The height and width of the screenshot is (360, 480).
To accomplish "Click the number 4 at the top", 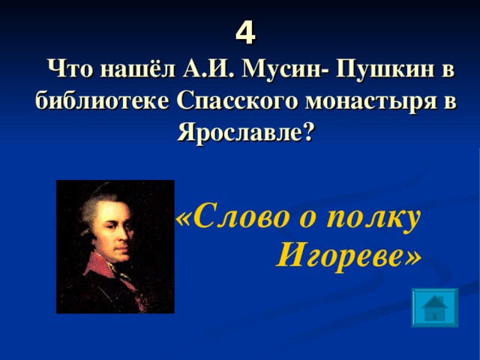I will point(244,32).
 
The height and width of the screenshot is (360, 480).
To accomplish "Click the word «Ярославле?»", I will point(246,133).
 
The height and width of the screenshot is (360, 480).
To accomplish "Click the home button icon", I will point(435,307).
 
